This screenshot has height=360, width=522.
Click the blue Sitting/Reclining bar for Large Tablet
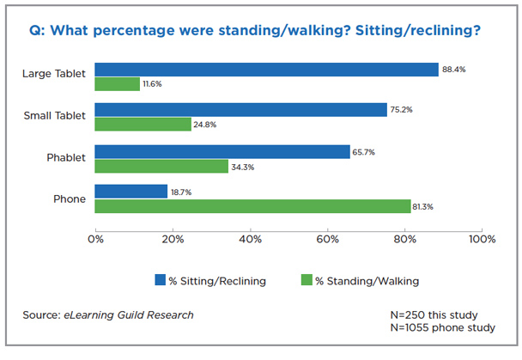[x=266, y=70]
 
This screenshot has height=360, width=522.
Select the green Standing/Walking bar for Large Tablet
[x=117, y=84]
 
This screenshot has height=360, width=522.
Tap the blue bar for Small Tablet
[x=240, y=110]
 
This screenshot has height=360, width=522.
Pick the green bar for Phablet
[x=161, y=166]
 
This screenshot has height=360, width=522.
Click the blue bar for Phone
[x=130, y=192]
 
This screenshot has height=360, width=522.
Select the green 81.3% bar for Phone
[x=252, y=206]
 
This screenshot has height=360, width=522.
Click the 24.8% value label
[x=204, y=125]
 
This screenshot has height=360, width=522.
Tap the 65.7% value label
[x=364, y=151]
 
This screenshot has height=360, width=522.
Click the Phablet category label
[x=65, y=158]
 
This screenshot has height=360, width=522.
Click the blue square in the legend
[x=160, y=279]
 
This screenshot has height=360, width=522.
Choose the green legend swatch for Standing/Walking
[x=306, y=279]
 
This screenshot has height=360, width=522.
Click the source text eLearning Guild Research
[x=128, y=315]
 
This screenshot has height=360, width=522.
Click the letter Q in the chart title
[x=35, y=30]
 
